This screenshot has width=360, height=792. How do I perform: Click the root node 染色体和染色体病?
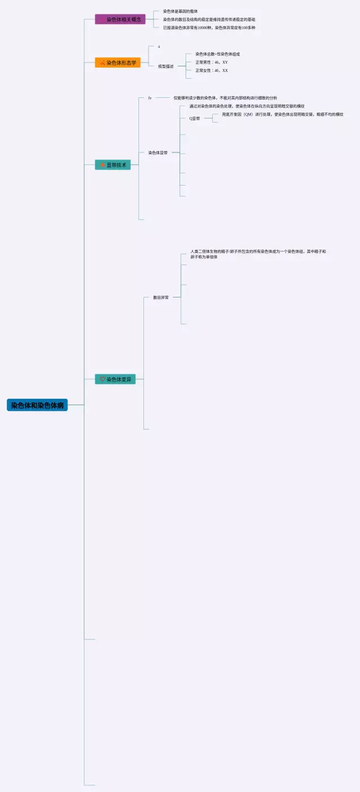click(37, 405)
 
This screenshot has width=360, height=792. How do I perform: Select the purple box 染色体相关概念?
click(120, 19)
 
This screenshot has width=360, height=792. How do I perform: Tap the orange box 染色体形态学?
click(118, 62)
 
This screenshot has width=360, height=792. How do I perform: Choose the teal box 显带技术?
click(113, 165)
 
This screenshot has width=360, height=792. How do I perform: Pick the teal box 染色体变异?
click(115, 379)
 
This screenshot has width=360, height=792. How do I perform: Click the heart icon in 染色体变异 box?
click(102, 379)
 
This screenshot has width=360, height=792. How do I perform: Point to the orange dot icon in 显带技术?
click(102, 165)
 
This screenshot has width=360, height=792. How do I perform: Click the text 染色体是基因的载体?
click(180, 11)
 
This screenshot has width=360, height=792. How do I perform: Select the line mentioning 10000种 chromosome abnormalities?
click(209, 28)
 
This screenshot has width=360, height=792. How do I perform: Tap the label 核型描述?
click(165, 66)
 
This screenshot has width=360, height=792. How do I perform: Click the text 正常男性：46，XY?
click(211, 62)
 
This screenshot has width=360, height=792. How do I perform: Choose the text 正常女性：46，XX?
click(211, 71)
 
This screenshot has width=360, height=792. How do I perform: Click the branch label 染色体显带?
click(157, 152)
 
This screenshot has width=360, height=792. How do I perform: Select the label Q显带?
click(195, 119)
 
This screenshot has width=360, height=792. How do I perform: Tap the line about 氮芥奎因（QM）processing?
click(282, 114)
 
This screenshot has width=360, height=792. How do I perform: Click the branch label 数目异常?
click(161, 297)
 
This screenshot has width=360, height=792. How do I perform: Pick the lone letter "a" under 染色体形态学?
click(159, 46)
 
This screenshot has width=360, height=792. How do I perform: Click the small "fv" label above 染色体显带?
click(150, 98)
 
